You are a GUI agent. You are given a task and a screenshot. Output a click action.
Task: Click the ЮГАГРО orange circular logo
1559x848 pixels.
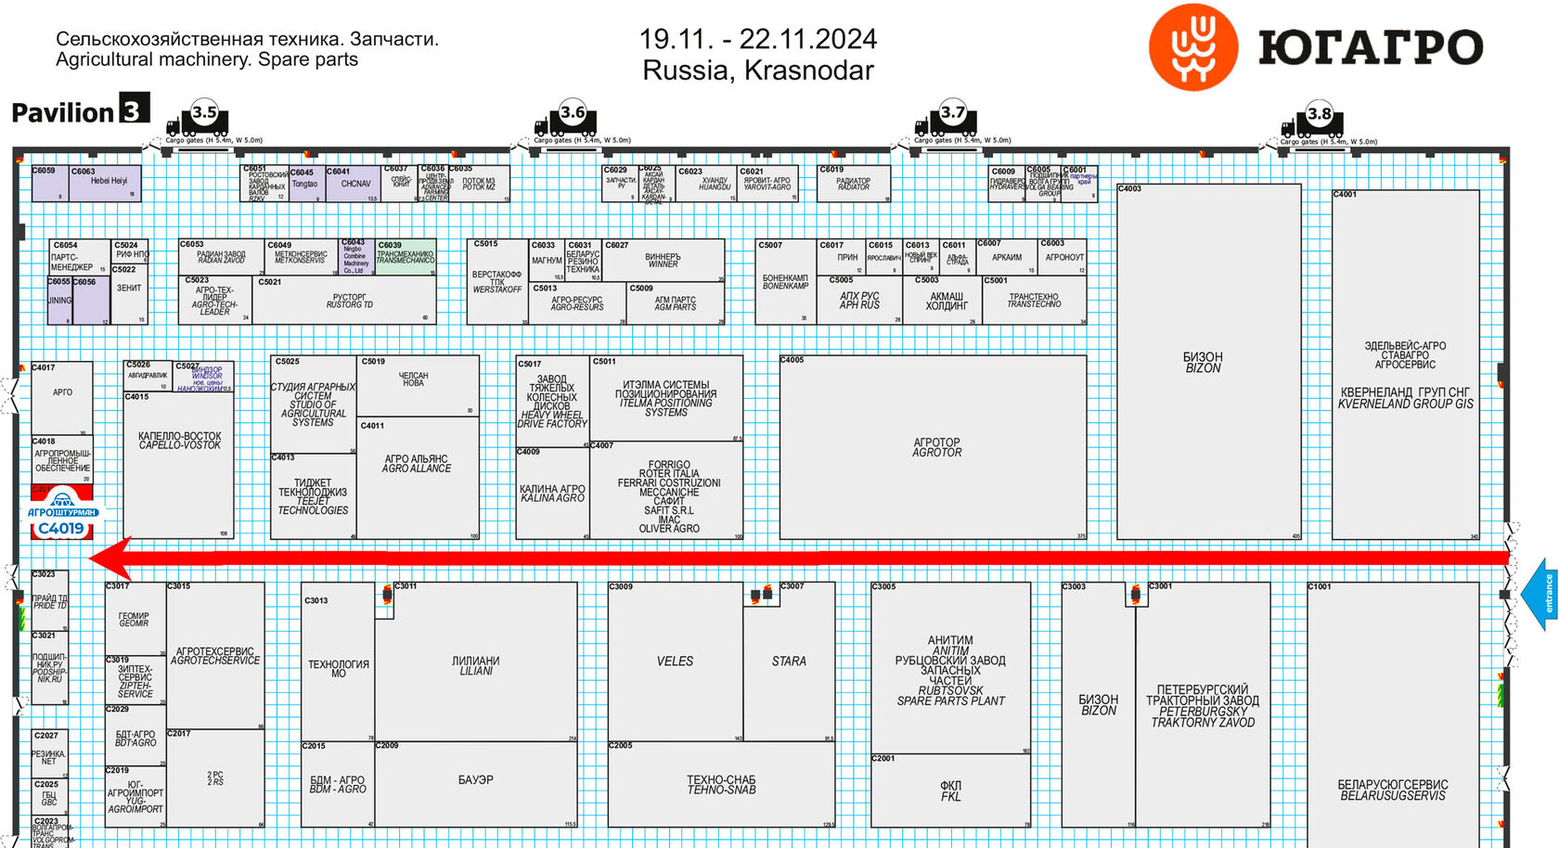point(1192,46)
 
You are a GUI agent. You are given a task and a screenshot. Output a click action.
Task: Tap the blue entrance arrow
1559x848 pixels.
point(1541,594)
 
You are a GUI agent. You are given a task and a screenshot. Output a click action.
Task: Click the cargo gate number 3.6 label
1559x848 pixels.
point(573,113)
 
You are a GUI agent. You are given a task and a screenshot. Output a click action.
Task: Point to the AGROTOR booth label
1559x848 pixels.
point(936,447)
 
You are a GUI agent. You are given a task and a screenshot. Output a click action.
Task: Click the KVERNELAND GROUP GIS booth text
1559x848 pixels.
point(1405,398)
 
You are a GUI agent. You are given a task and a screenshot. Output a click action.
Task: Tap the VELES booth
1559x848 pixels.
point(675,662)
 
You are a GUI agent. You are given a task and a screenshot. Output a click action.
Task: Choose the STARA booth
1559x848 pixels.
point(789,662)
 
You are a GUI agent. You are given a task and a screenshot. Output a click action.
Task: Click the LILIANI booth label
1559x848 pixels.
point(475,665)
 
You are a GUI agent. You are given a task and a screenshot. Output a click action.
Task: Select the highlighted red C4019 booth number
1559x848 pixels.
point(61,529)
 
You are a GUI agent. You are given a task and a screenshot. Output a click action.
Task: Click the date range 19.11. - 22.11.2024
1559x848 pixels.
point(757,39)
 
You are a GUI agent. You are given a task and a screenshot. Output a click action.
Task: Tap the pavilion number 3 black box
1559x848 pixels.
point(134,109)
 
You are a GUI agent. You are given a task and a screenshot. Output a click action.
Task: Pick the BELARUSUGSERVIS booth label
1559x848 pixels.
point(1392,790)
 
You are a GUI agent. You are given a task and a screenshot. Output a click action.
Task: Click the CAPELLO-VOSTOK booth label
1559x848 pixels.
point(180,441)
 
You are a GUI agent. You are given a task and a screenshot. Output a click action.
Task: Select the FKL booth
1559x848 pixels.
point(950,790)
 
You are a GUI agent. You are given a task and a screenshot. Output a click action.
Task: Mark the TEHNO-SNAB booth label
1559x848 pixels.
point(721,785)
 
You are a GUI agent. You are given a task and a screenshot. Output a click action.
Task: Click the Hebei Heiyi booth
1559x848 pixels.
point(109,182)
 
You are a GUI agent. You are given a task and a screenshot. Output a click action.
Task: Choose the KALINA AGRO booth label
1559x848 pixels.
point(552,493)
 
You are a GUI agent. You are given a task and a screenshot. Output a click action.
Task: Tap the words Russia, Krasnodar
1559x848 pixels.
point(757,71)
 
